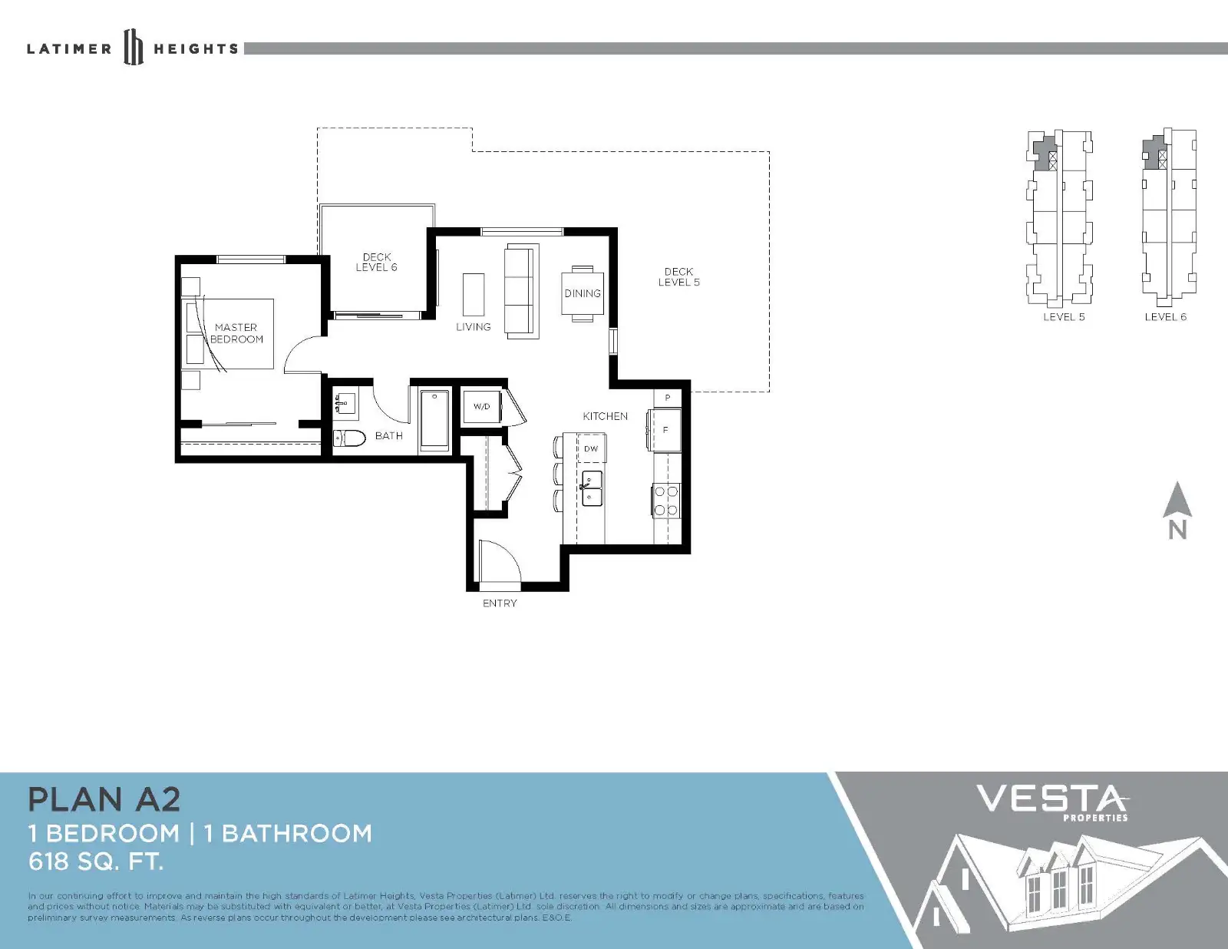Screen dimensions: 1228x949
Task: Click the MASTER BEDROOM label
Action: [x=236, y=333]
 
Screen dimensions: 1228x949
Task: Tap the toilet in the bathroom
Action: [x=348, y=438]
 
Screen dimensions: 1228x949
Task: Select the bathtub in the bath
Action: [x=434, y=421]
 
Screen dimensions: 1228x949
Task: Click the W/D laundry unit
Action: [x=481, y=406]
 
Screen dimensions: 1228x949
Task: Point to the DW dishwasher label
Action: [x=590, y=449]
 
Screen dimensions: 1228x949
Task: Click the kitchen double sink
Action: [x=591, y=488]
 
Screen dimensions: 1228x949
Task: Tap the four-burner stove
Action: [x=666, y=500]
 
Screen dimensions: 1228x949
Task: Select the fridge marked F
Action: [x=665, y=429]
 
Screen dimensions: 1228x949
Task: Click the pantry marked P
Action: [x=668, y=398]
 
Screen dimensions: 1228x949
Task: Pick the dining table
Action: [x=582, y=293]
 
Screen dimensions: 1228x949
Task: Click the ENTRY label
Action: [x=500, y=603]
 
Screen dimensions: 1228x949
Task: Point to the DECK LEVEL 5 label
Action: [x=678, y=277]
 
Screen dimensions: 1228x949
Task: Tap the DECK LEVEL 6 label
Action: [x=376, y=263]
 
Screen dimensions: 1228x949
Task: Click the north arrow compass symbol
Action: [x=1177, y=510]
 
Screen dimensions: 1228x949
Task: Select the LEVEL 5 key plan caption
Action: [x=1064, y=317]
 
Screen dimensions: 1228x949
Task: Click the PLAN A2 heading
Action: [x=104, y=799]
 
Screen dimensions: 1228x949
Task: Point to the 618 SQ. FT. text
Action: [x=95, y=862]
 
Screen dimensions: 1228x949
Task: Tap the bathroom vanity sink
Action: [x=345, y=403]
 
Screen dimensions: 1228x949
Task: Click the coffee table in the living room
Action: [x=474, y=295]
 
